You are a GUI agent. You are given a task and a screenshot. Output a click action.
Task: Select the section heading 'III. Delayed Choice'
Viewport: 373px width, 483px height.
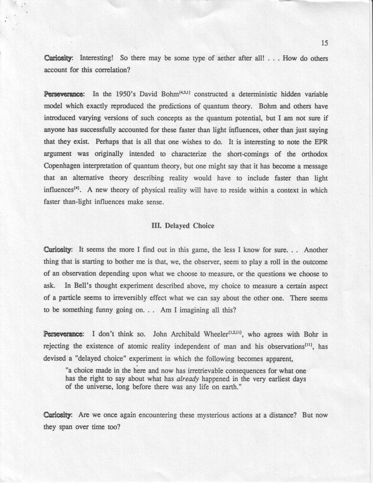click(x=182, y=225)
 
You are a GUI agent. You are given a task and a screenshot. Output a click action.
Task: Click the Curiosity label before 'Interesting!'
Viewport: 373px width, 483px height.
click(x=58, y=59)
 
